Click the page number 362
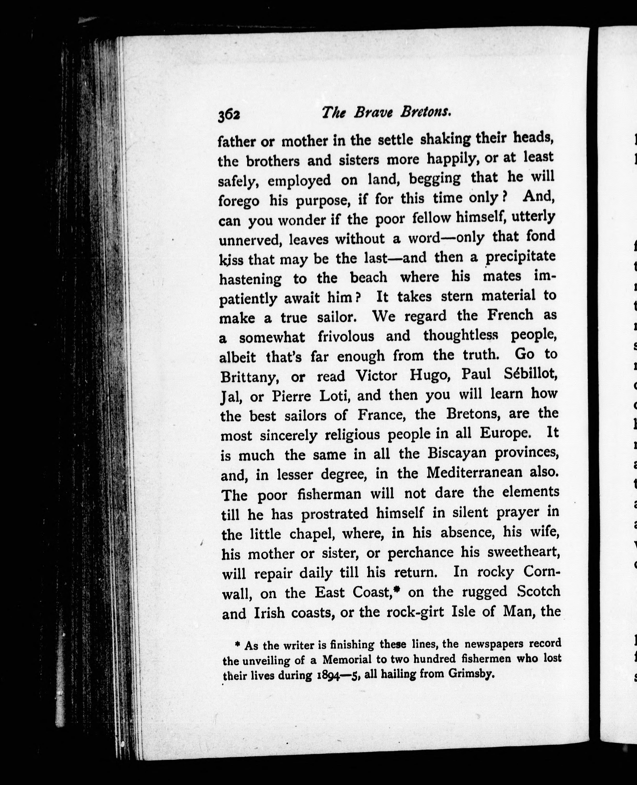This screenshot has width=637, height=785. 229,115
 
